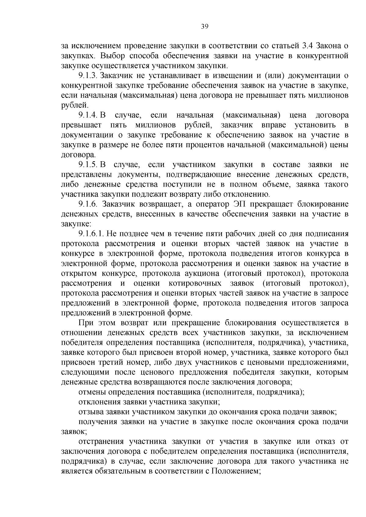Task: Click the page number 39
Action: pos(205,27)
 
